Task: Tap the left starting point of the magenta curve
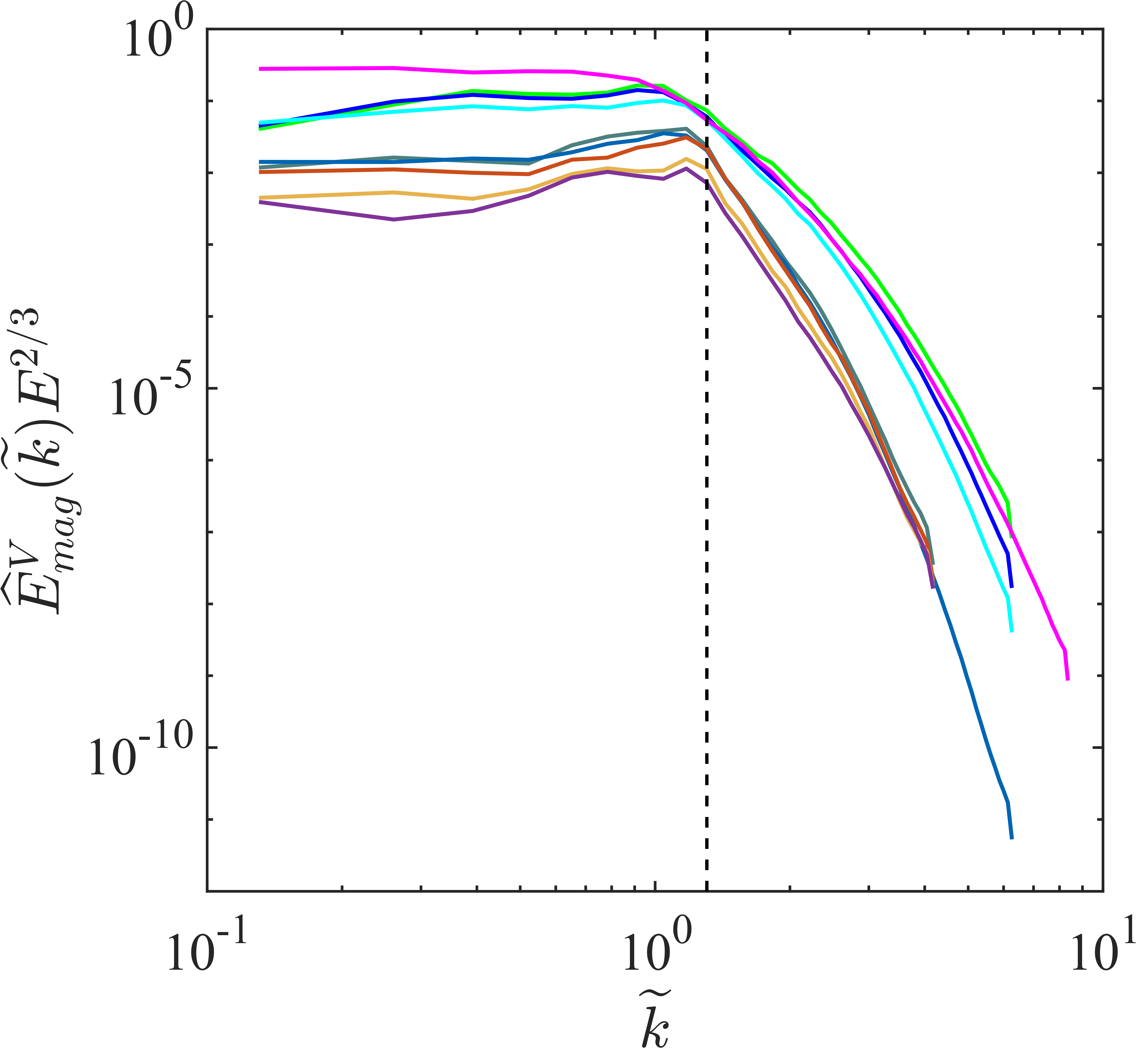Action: [x=260, y=69]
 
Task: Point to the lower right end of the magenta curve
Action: [x=1067, y=679]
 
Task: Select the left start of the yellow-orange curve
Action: [x=260, y=197]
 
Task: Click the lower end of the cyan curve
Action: [x=1011, y=631]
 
